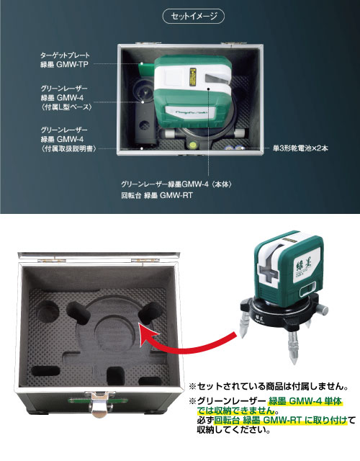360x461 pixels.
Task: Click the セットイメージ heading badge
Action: pyautogui.click(x=194, y=16)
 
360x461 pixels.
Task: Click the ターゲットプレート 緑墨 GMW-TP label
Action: pyautogui.click(x=65, y=60)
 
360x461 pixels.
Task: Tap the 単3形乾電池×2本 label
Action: pyautogui.click(x=300, y=148)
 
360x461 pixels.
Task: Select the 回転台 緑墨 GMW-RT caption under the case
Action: pyautogui.click(x=157, y=195)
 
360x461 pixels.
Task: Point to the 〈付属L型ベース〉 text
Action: pyautogui.click(x=67, y=107)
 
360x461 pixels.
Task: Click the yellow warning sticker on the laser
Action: pyautogui.click(x=193, y=78)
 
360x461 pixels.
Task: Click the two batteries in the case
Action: pyautogui.click(x=235, y=148)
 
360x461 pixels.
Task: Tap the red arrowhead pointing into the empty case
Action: pyautogui.click(x=148, y=333)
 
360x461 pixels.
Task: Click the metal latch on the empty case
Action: pyautogui.click(x=99, y=402)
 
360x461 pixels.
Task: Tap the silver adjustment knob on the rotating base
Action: pyautogui.click(x=323, y=309)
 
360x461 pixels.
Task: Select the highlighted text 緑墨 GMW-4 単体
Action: pyautogui.click(x=305, y=401)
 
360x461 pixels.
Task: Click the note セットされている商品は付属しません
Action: pyautogui.click(x=269, y=386)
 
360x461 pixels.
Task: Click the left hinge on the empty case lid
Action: pyautogui.click(x=52, y=261)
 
